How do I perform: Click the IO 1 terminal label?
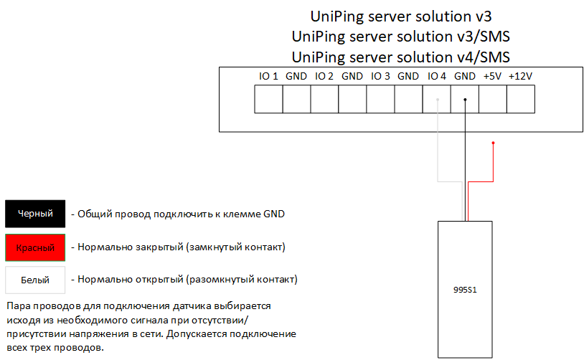coord(268,76)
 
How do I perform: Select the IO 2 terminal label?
coord(324,76)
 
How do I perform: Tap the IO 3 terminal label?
coord(380,76)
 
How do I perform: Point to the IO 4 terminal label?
coord(436,76)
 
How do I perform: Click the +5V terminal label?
coord(492,76)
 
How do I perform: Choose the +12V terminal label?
coord(520,76)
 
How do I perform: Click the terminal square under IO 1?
coord(269,99)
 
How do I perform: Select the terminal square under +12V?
coord(521,99)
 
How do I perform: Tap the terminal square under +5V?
coord(493,99)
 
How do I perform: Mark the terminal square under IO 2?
coord(325,99)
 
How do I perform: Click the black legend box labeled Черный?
coord(35,214)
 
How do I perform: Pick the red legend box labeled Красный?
coord(35,247)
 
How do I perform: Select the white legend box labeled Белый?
coord(35,280)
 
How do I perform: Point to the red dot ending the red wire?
coord(493,143)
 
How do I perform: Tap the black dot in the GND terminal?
coord(465,100)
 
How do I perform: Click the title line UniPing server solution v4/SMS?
coord(401,57)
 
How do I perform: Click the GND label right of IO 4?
coord(465,76)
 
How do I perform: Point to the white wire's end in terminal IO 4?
coord(437,100)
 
